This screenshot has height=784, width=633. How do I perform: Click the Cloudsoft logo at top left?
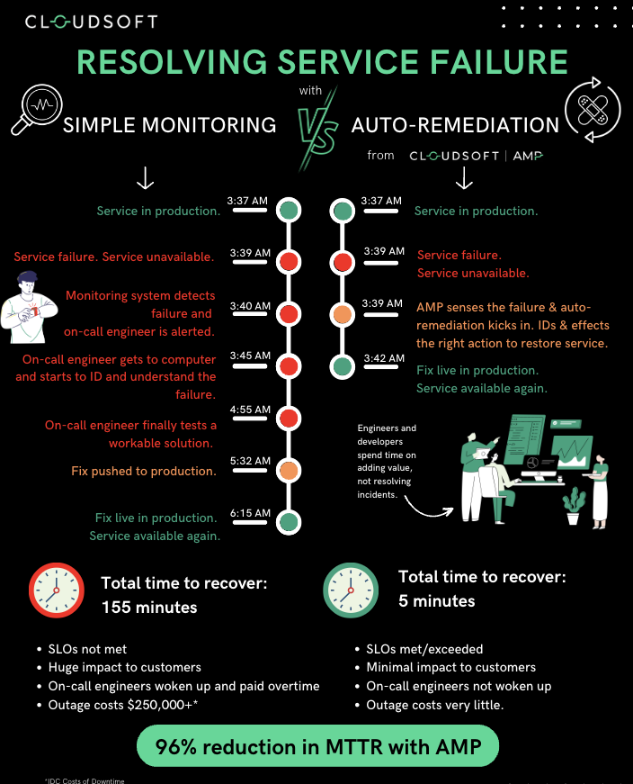click(91, 22)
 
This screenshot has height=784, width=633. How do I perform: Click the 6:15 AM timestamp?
click(250, 514)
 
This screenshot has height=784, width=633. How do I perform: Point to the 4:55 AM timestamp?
click(250, 410)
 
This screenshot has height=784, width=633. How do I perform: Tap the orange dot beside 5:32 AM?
click(288, 470)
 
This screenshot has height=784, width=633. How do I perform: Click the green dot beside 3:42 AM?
click(343, 366)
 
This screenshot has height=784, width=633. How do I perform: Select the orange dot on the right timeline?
click(343, 314)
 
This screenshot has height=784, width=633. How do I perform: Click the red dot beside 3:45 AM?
click(288, 366)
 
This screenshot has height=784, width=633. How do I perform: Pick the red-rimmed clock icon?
click(56, 590)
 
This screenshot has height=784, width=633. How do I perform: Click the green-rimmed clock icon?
click(348, 590)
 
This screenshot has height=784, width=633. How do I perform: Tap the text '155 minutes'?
click(149, 608)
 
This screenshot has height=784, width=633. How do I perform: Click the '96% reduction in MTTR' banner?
click(316, 747)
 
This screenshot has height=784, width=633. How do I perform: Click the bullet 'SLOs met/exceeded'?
click(424, 649)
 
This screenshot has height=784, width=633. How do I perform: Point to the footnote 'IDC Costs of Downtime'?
click(85, 779)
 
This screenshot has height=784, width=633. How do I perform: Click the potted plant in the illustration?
click(572, 507)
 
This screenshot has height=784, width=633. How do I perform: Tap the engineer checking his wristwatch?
click(29, 308)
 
